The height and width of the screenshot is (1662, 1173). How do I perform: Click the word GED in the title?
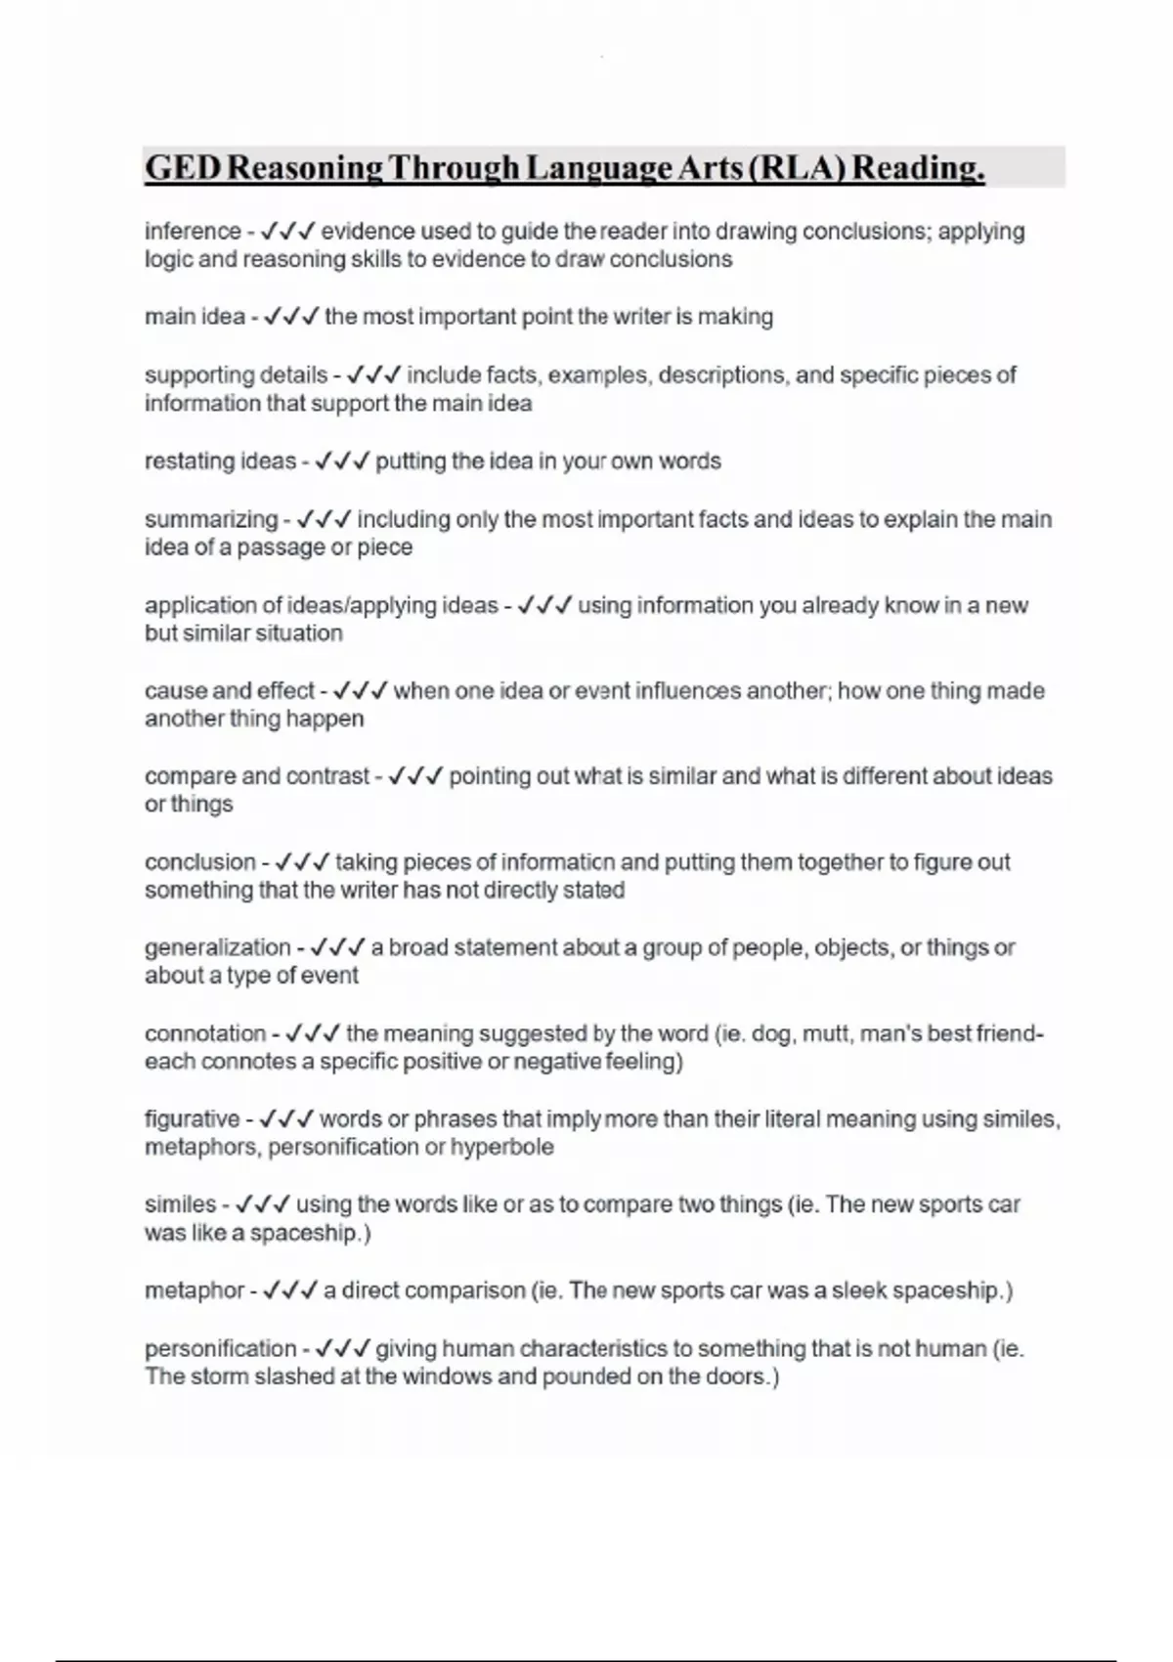tap(183, 168)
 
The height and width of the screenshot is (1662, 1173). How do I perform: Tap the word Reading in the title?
tap(918, 168)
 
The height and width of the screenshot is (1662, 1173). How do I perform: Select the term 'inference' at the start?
tap(193, 232)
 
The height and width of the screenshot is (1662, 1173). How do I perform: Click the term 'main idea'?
tap(195, 317)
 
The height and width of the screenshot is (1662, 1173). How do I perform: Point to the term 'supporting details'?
tap(236, 374)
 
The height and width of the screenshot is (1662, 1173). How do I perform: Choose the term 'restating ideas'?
tap(220, 461)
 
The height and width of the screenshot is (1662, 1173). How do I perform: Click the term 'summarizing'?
tap(211, 519)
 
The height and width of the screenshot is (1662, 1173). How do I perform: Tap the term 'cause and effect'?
tap(230, 691)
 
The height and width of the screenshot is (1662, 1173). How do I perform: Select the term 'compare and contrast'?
tap(257, 776)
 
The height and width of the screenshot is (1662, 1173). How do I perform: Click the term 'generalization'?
tap(217, 947)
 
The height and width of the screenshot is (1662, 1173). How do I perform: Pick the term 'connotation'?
tap(205, 1033)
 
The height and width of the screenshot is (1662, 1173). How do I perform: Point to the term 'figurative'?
tap(192, 1119)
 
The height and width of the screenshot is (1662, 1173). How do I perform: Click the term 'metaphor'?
tap(195, 1290)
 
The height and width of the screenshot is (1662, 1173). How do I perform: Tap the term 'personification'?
tap(220, 1349)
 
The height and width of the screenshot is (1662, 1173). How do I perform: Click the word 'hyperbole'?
tap(501, 1147)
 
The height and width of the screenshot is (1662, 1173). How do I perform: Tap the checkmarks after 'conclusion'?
tap(301, 862)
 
